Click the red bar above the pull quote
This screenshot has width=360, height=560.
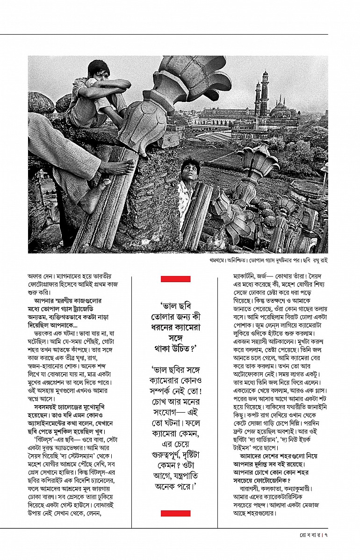tap(175, 279)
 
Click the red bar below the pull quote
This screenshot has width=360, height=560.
tap(175, 513)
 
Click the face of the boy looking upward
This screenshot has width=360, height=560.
tap(188, 170)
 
